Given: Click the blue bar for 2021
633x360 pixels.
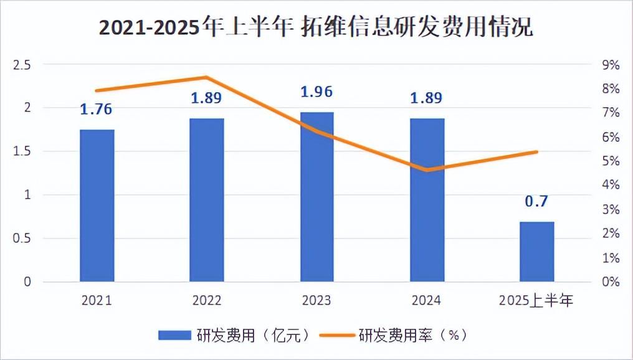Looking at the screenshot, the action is click(x=97, y=206).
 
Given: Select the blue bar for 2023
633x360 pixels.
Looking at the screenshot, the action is click(x=317, y=197).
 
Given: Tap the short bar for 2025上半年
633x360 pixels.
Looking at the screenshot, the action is click(x=536, y=252).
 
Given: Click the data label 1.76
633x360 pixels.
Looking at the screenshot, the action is click(x=96, y=109).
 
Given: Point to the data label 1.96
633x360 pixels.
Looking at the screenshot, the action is click(x=316, y=92).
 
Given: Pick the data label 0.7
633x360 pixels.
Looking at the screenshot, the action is click(x=536, y=201).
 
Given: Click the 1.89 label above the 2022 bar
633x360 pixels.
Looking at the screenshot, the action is click(x=206, y=98).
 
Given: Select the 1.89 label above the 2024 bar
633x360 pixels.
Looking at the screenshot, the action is click(x=426, y=98).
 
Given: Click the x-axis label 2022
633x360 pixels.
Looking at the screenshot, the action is click(x=207, y=301).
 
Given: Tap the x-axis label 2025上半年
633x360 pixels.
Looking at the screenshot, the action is click(x=536, y=301).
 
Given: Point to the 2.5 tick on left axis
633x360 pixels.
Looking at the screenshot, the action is click(x=22, y=65).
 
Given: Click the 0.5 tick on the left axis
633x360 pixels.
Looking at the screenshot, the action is click(x=22, y=238).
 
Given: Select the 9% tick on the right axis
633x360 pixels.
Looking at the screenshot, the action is click(x=611, y=65).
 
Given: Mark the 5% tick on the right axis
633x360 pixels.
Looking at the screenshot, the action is click(x=611, y=161).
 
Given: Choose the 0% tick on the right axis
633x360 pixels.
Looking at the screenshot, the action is click(x=611, y=282).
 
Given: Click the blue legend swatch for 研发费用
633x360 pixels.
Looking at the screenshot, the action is click(x=174, y=335).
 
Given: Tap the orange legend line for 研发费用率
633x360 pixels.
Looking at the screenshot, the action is click(x=337, y=335).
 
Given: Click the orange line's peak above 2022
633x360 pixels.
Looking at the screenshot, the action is click(x=206, y=77).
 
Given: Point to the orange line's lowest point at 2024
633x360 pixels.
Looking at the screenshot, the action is click(x=427, y=170).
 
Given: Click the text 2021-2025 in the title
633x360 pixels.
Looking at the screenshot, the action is click(x=150, y=28).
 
